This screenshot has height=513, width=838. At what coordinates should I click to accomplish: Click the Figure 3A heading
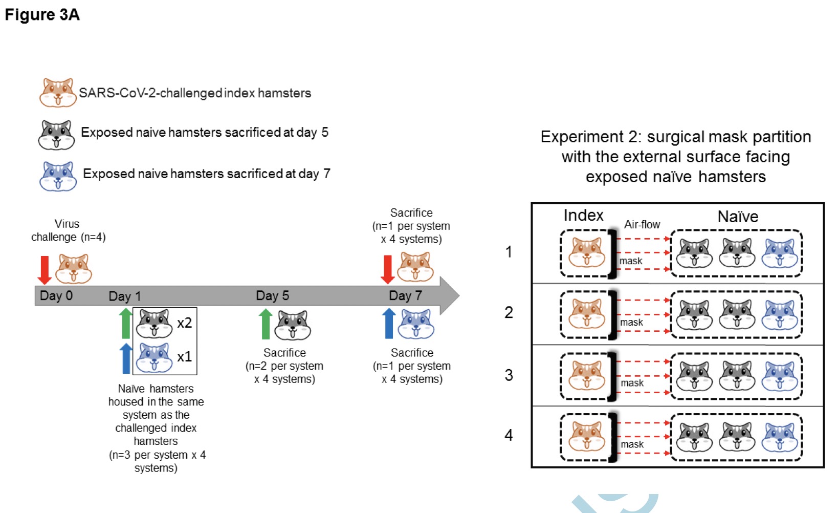[42, 15]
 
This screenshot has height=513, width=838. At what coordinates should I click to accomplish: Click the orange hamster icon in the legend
[58, 93]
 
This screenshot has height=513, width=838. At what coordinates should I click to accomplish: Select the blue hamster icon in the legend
[58, 176]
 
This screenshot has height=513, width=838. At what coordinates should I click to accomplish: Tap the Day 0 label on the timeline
[56, 295]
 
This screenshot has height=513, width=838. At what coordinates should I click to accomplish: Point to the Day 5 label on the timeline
[272, 295]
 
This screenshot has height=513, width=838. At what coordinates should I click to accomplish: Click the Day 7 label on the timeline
[405, 295]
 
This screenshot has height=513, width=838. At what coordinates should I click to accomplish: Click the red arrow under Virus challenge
[45, 270]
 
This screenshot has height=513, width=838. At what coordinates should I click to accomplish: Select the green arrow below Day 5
[266, 324]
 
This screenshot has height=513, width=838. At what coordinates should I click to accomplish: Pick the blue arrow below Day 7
[389, 323]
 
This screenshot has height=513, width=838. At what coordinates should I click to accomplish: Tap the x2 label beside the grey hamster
[184, 323]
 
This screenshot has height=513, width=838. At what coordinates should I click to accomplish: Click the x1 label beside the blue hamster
[184, 356]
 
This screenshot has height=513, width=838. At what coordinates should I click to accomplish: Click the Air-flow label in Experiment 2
[642, 224]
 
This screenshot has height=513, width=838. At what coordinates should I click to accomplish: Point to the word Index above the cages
[583, 215]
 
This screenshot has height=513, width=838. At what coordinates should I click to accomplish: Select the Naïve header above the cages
[738, 217]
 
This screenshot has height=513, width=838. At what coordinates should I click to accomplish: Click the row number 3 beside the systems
[509, 375]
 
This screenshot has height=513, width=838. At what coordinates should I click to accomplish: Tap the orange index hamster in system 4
[587, 437]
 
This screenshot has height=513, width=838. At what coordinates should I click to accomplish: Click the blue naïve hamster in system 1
[780, 253]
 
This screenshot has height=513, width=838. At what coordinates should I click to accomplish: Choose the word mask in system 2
[631, 323]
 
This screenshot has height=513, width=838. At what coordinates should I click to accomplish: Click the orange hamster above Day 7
[415, 267]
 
